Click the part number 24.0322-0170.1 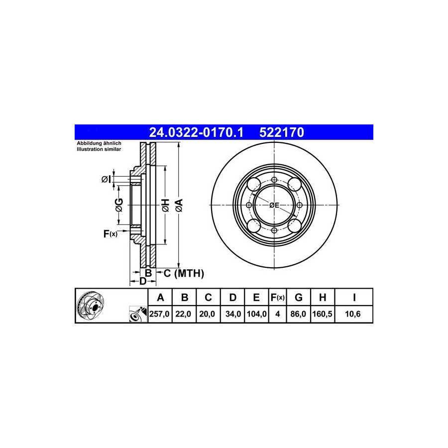196,132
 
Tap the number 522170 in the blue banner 282,132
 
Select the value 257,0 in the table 159,314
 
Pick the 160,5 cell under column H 322,314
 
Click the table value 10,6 353,314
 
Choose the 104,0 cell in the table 256,314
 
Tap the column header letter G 298,298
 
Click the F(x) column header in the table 277,298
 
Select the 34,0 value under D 233,314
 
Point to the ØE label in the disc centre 274,205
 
